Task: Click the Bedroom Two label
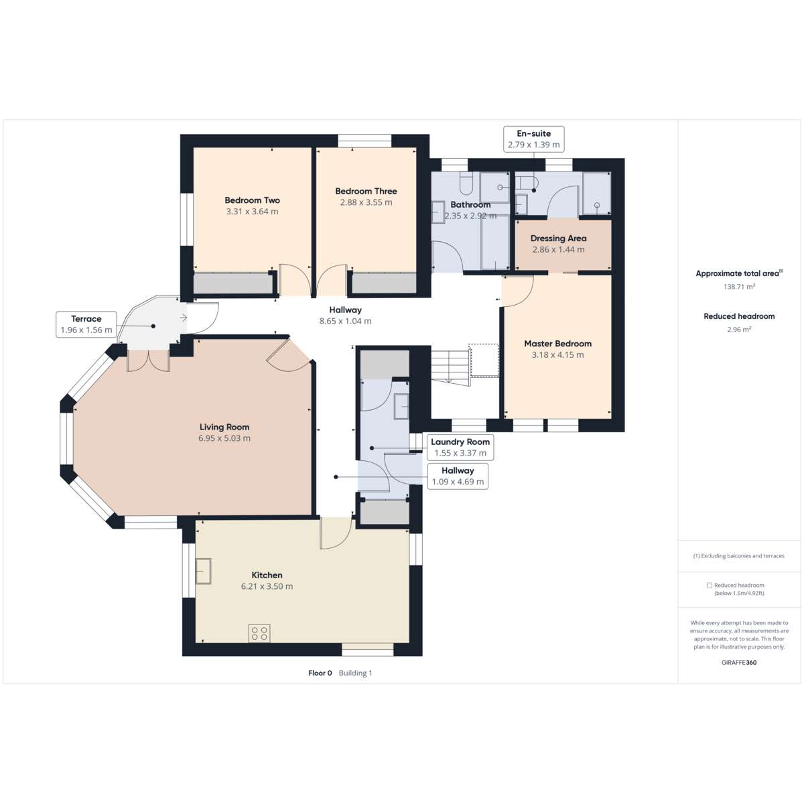click(252, 200)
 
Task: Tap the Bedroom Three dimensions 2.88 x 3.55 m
click(366, 202)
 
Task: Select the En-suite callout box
click(533, 139)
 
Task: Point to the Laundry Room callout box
click(460, 448)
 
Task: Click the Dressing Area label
click(558, 239)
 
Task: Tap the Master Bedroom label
click(558, 344)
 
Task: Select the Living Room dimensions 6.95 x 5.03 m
click(224, 438)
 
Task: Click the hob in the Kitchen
click(259, 633)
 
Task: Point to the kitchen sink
click(204, 571)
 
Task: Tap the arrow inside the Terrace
click(183, 318)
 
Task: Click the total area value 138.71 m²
click(739, 287)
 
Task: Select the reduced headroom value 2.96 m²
click(739, 329)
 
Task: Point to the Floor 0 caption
click(320, 673)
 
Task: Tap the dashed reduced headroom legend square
click(710, 586)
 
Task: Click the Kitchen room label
click(267, 575)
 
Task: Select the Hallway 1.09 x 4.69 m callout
click(458, 476)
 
